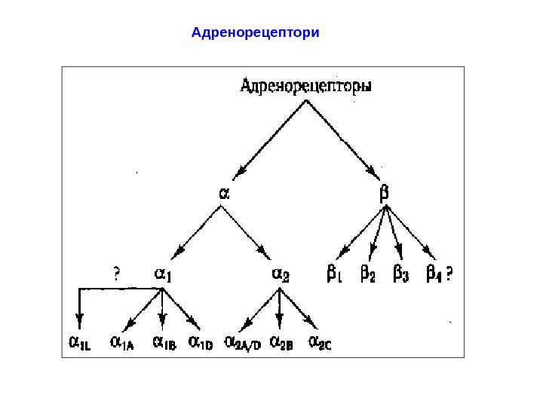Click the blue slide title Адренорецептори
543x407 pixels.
(256, 33)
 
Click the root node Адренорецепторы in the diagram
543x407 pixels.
(305, 87)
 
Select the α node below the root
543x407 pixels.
(224, 193)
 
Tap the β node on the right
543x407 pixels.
(384, 193)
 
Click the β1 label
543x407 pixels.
(334, 274)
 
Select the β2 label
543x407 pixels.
(368, 274)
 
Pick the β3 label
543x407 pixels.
(401, 274)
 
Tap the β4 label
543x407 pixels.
(434, 274)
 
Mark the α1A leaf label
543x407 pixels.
(122, 344)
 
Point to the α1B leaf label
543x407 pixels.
(164, 344)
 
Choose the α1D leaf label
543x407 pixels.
(201, 344)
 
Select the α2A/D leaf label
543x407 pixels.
(243, 344)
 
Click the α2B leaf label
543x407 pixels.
(281, 344)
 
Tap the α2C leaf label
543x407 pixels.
(321, 344)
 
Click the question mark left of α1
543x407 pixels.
(117, 273)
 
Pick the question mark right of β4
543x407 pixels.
(449, 273)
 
